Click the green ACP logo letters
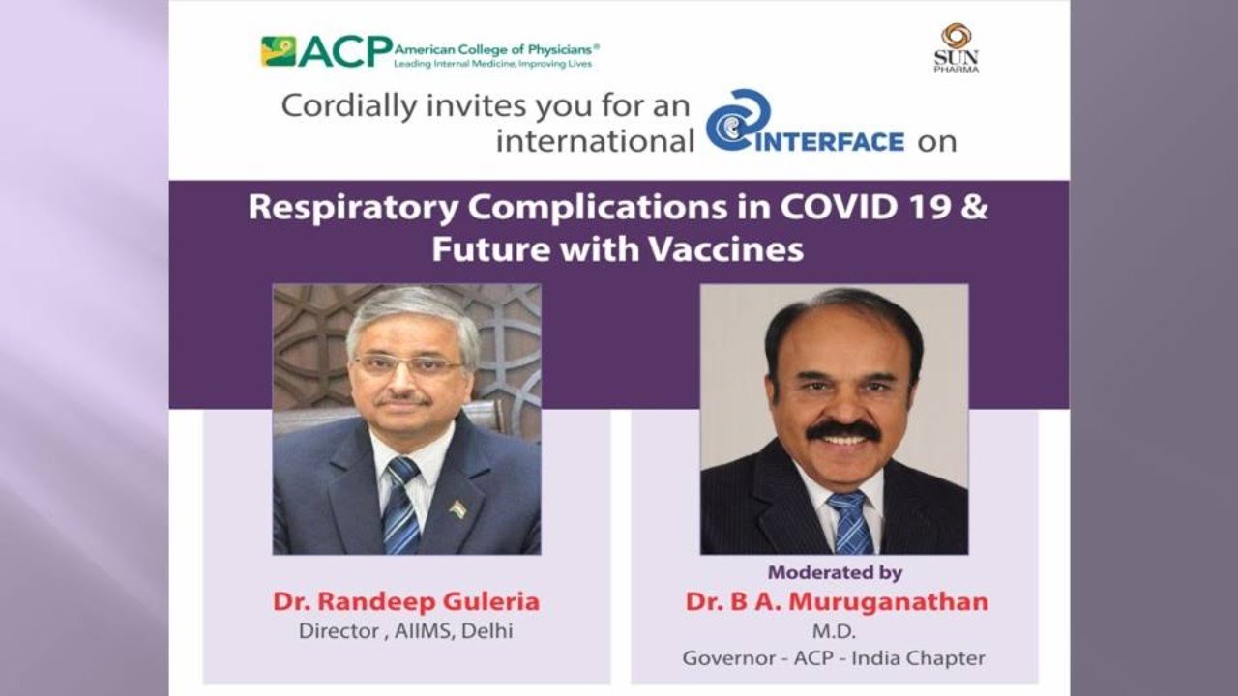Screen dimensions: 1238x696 point(345,51)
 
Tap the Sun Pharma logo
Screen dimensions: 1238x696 point(957,47)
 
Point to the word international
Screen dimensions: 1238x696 point(595,141)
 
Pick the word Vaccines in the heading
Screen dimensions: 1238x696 point(725,249)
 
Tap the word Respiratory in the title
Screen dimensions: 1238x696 point(353,210)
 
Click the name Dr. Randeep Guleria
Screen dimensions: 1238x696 point(406,601)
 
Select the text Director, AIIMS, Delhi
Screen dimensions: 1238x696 point(405,631)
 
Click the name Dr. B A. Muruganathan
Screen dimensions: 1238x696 point(837,601)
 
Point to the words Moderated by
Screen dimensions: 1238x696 point(835,573)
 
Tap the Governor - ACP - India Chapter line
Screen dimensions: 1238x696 point(834,658)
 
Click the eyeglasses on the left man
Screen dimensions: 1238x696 point(409,364)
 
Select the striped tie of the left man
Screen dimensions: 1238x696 point(401,506)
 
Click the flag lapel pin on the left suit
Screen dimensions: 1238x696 point(457,508)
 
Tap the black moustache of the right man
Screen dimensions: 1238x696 point(842,431)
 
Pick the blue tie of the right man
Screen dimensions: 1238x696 point(852,521)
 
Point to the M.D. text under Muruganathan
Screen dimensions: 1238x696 point(834,631)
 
